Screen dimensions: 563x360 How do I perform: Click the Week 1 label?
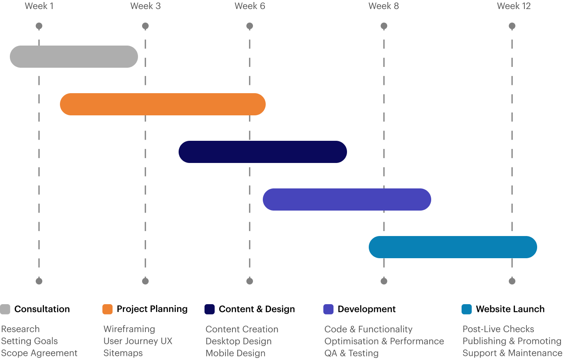point(39,6)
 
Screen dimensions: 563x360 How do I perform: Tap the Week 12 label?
point(514,6)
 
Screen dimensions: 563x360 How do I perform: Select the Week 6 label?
point(250,6)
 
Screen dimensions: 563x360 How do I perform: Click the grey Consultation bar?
point(74,57)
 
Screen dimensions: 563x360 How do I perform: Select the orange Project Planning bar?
point(163,104)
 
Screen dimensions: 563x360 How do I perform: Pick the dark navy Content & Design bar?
point(263,152)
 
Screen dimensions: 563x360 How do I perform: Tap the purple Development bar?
point(347,199)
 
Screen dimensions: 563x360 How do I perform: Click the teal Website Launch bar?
point(453,247)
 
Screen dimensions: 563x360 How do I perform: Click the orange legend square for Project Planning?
point(107,309)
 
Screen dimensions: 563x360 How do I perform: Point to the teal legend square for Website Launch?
point(466,309)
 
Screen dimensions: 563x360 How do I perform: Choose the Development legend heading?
point(367,309)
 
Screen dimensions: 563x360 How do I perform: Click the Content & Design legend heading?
point(257,309)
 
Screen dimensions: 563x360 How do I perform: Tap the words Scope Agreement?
point(39,353)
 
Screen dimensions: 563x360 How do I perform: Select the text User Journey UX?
point(138,341)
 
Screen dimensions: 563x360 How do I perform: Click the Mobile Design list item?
point(235,353)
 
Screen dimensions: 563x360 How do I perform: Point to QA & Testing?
point(352,353)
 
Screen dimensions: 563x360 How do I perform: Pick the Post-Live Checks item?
point(499,329)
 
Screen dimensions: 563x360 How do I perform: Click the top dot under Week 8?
point(384,26)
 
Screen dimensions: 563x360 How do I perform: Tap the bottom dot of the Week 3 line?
point(145,281)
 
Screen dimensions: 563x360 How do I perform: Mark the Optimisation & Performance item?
point(384,341)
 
